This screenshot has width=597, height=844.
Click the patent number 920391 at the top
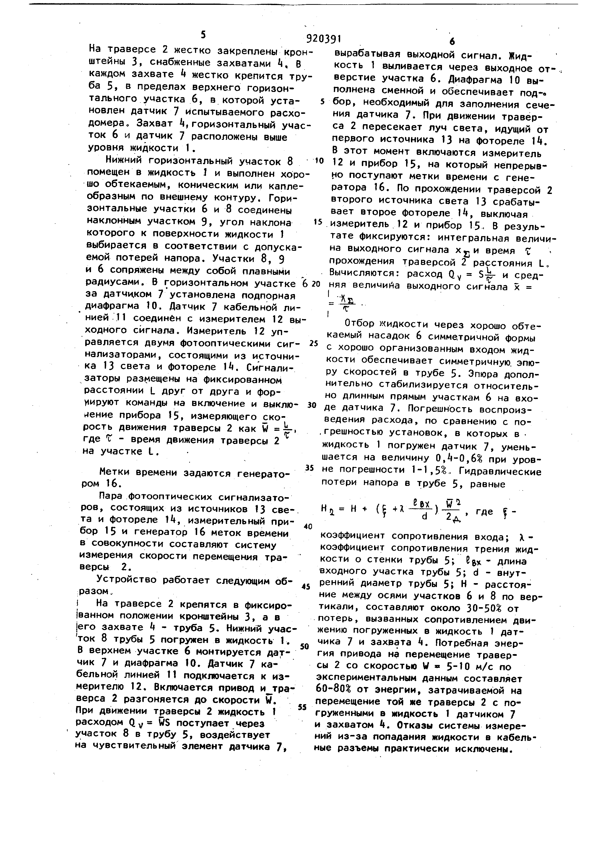coord(324,38)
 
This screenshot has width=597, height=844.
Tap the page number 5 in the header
coord(203,35)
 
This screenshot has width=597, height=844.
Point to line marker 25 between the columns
coord(313,343)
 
